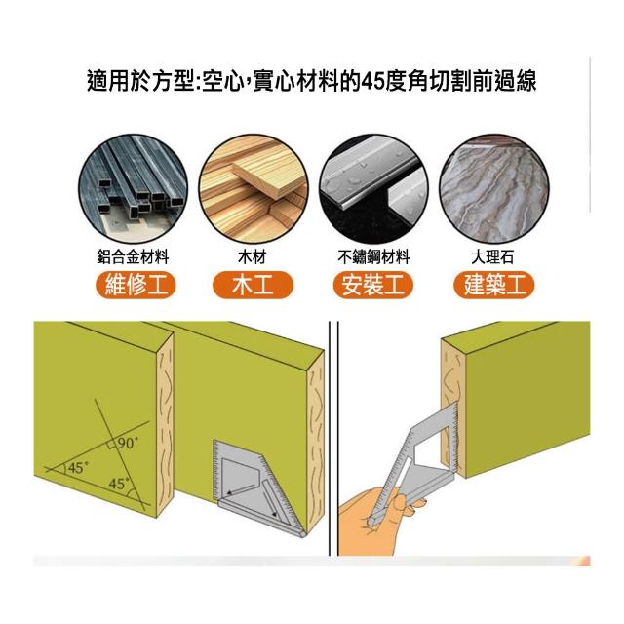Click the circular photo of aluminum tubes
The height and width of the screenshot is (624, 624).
(x=133, y=188)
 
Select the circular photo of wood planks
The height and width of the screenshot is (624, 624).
(x=253, y=188)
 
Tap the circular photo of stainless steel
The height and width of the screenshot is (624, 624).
(x=373, y=188)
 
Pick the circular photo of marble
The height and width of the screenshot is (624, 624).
(x=494, y=188)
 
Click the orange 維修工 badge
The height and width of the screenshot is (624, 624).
(x=136, y=285)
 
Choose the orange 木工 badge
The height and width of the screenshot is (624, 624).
(x=253, y=285)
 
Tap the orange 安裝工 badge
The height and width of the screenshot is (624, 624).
(x=372, y=285)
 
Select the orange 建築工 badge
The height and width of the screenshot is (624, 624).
(x=494, y=285)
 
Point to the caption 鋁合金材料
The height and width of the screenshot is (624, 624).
(x=133, y=256)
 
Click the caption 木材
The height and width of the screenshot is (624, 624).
(x=252, y=256)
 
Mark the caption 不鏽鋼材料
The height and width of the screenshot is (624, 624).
(x=373, y=256)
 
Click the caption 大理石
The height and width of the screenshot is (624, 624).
(x=492, y=256)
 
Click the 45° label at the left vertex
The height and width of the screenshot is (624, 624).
(x=78, y=467)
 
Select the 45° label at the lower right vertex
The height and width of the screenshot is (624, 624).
(x=119, y=484)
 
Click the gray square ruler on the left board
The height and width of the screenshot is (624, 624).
(x=256, y=487)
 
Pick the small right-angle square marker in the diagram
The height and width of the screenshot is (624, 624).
(x=112, y=445)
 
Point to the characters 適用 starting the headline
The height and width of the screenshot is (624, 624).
(x=108, y=81)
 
